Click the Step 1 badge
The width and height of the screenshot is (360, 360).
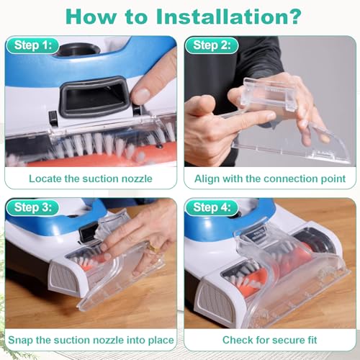33,45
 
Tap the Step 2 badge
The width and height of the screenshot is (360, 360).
212,45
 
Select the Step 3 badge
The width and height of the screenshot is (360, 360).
33,207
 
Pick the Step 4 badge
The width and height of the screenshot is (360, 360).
212,207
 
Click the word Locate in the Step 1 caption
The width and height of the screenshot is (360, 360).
45,179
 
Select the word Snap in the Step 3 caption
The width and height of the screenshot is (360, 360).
20,341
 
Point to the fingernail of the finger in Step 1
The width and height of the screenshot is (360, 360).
141,96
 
